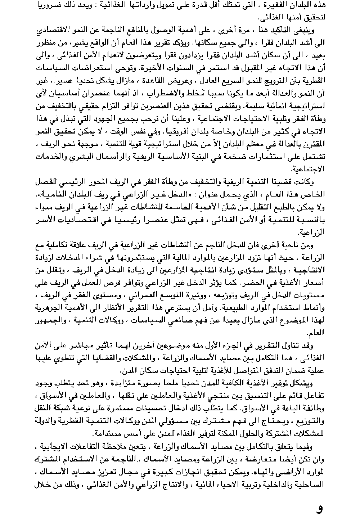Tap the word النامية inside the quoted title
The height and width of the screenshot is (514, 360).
pyautogui.click(x=51, y=194)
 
